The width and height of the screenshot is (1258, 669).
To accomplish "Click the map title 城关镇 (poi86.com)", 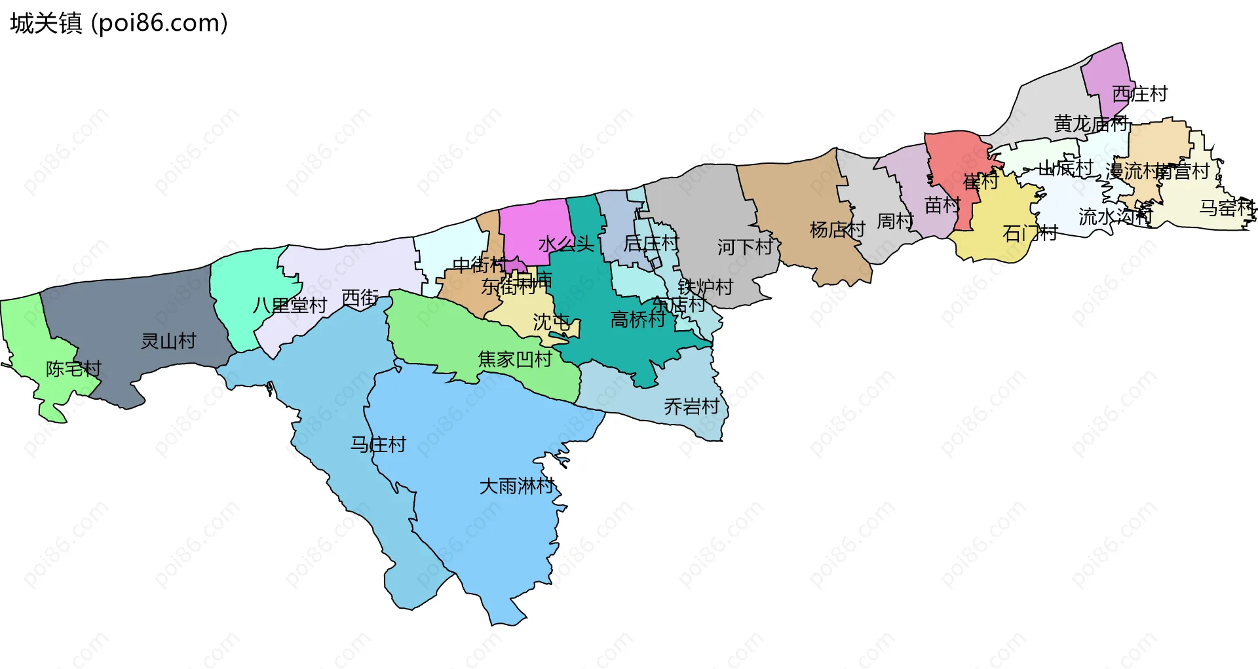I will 119,24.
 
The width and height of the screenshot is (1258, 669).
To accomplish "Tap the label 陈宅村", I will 73,369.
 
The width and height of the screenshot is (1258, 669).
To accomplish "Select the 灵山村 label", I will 168,341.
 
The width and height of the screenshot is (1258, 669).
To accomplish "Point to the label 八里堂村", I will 290,305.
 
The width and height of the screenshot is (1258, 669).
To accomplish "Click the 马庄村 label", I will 378,445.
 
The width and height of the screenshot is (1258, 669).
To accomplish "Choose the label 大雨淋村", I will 517,486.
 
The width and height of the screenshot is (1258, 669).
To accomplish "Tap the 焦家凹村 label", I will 515,359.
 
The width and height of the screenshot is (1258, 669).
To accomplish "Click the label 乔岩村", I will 691,407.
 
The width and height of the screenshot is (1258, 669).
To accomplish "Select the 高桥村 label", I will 638,320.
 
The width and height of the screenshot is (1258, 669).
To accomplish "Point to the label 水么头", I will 566,244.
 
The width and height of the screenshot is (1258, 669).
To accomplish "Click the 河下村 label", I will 745,247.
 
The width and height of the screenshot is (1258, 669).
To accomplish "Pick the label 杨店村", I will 837,229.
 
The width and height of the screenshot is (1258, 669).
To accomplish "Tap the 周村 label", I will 895,221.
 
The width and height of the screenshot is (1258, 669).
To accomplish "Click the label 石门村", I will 1030,233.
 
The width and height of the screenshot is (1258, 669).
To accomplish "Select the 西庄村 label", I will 1139,94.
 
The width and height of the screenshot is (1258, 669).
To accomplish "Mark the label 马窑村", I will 1227,208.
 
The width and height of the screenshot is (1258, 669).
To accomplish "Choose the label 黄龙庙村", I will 1091,123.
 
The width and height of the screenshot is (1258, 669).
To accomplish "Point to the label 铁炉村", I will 705,287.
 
